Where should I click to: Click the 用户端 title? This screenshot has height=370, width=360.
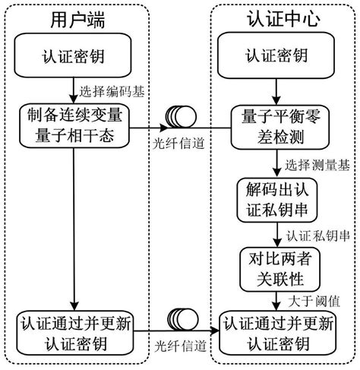pos(75,18)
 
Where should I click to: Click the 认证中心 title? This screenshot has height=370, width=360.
pos(280,18)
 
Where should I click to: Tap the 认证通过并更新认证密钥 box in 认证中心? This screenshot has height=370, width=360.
pos(280,331)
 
